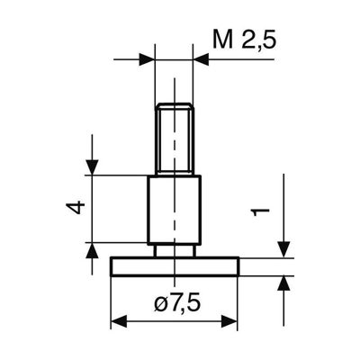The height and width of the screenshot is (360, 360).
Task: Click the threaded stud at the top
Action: click(x=174, y=139)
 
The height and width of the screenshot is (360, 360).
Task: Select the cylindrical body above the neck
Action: click(x=174, y=209)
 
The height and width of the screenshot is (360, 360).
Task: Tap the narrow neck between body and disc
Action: click(x=174, y=249)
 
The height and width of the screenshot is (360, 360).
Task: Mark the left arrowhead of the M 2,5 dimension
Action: click(x=147, y=59)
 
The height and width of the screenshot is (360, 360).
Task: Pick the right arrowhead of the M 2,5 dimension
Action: click(x=202, y=59)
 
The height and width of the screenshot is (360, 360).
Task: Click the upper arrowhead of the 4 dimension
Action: click(x=91, y=167)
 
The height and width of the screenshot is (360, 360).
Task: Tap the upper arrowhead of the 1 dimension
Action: click(x=284, y=248)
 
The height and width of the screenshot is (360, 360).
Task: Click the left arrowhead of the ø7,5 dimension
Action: click(x=117, y=321)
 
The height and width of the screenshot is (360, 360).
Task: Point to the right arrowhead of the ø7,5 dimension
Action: click(x=231, y=321)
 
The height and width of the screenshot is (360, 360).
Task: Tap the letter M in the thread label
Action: click(x=221, y=40)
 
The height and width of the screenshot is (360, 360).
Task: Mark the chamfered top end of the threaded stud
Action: click(x=174, y=106)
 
